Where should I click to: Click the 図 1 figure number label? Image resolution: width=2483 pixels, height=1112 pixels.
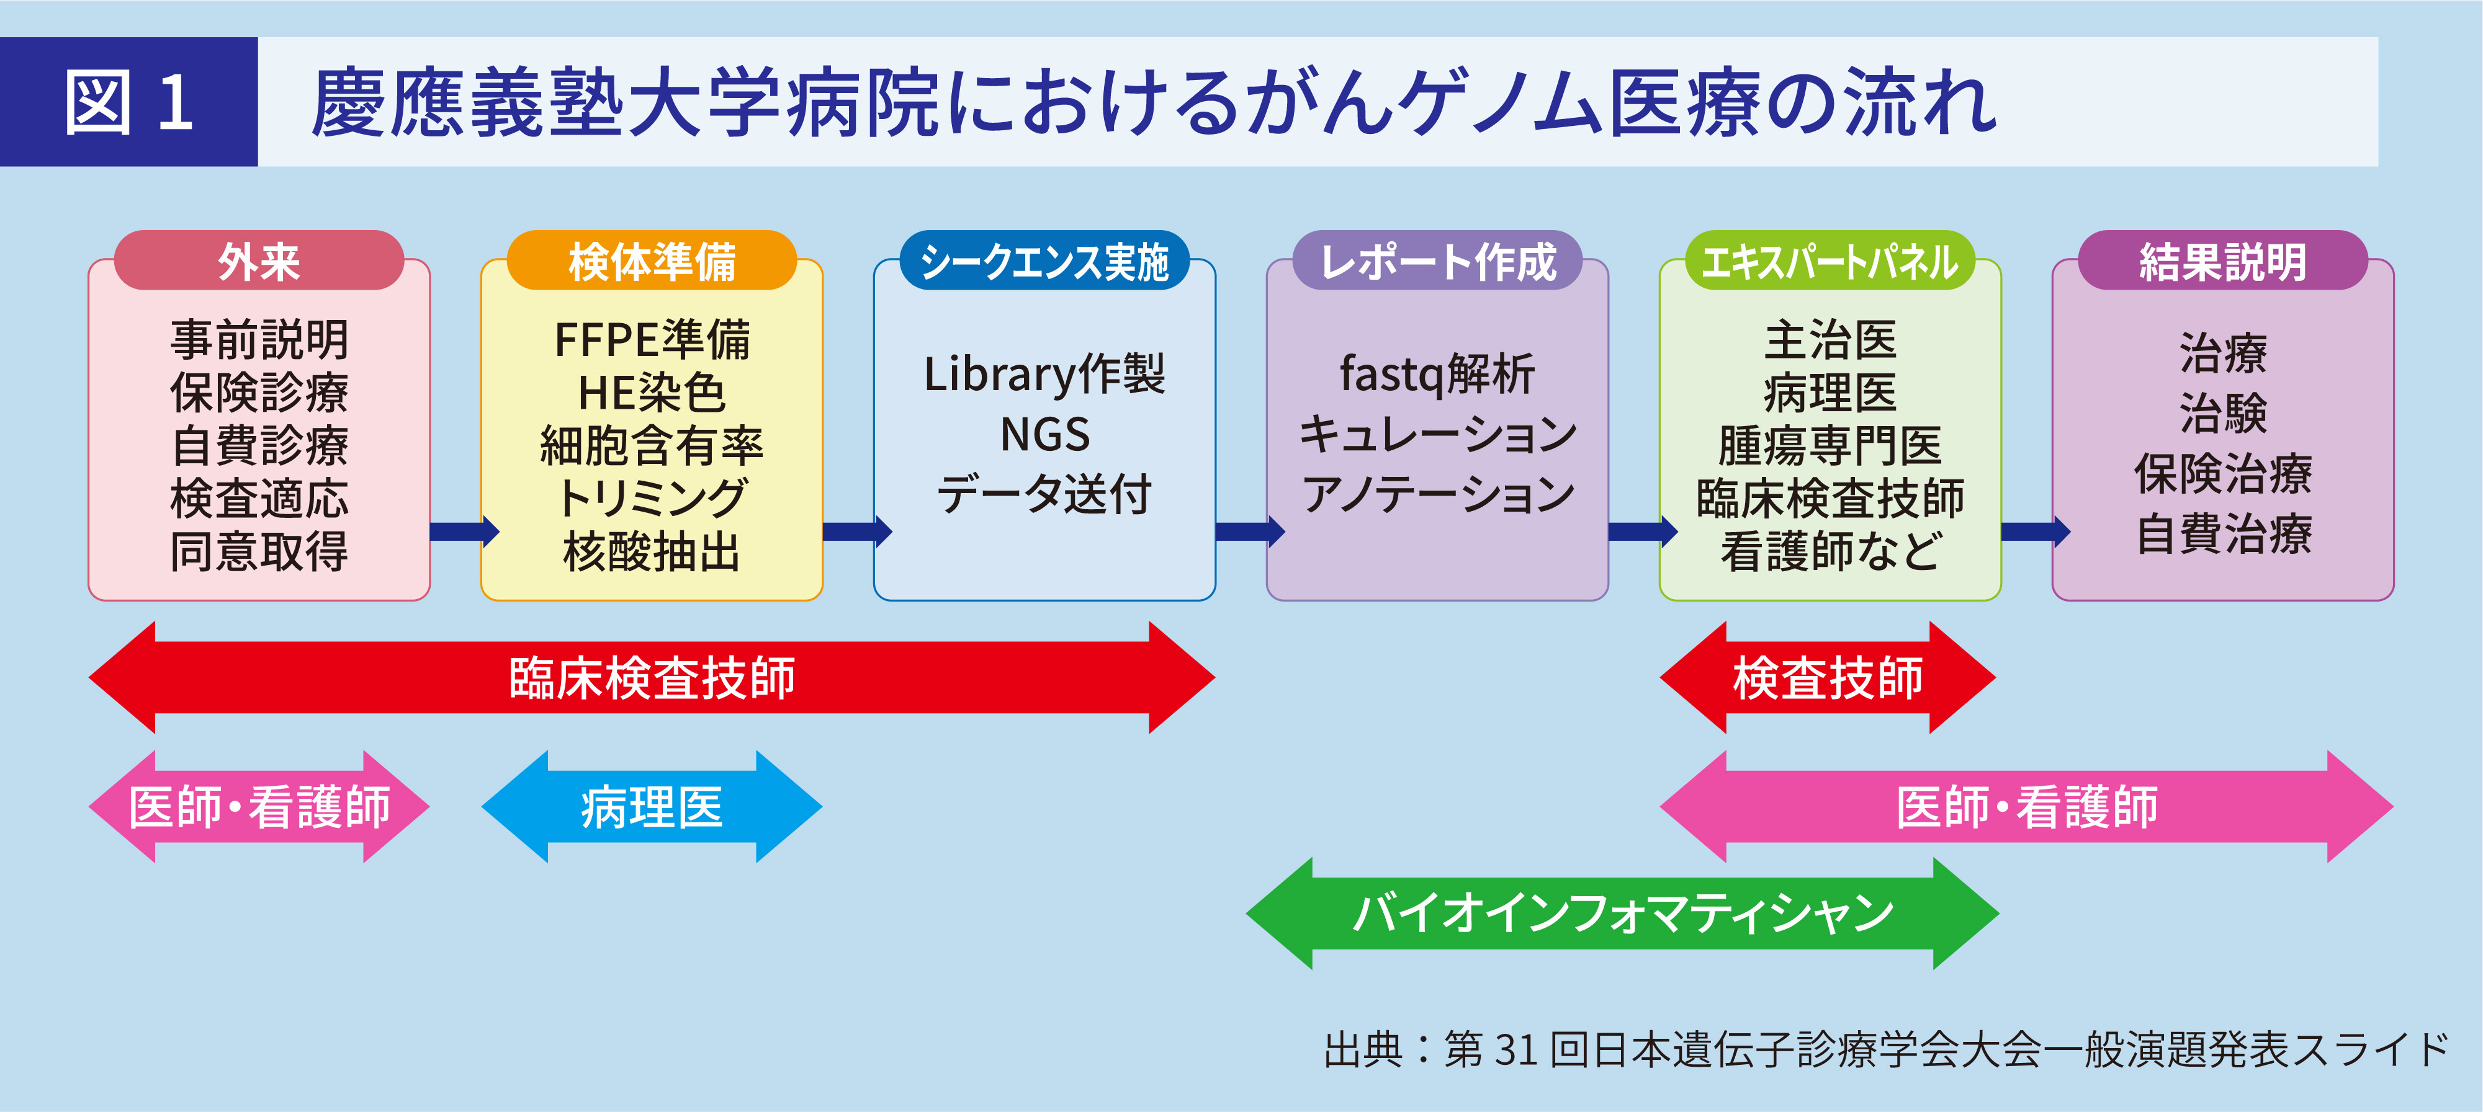(x=128, y=102)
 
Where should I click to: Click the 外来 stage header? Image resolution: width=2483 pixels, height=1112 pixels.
(x=258, y=261)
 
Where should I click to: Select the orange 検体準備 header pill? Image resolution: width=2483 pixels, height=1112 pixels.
(x=652, y=261)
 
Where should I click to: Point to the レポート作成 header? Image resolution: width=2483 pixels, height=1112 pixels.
(x=1437, y=261)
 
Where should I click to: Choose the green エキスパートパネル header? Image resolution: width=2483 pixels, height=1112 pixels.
(x=1830, y=261)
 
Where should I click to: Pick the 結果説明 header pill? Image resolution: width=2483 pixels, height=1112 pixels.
(x=2223, y=261)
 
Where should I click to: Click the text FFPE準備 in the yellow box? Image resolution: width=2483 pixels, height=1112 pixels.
(x=652, y=340)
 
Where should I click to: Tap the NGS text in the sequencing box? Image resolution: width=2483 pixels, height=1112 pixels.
(x=1045, y=435)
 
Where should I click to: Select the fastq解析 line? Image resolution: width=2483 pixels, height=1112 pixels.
(x=1437, y=374)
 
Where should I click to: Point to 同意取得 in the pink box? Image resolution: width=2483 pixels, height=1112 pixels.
(x=258, y=552)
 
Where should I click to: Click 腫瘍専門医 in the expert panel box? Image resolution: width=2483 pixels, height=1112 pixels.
(x=1830, y=446)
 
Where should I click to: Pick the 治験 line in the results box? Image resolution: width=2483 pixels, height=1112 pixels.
(x=2223, y=412)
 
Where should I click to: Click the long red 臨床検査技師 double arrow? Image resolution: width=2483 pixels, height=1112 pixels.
(x=652, y=677)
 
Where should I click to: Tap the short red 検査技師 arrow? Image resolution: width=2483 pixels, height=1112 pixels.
(x=1828, y=677)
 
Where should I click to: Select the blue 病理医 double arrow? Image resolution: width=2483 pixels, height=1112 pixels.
(x=652, y=806)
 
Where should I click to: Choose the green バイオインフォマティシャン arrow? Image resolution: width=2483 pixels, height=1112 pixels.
(x=1622, y=912)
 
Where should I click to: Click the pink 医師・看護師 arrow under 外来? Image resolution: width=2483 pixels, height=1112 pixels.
(x=258, y=806)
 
